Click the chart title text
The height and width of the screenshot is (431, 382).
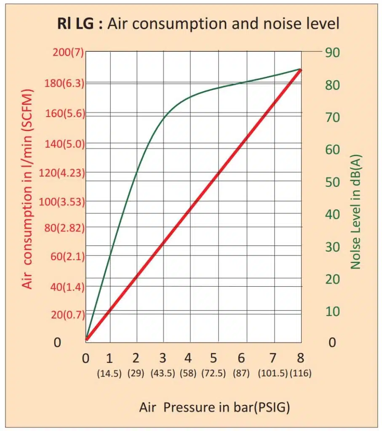click(x=198, y=24)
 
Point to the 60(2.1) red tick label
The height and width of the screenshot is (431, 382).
click(x=67, y=256)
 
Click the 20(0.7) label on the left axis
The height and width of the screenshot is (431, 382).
click(x=67, y=314)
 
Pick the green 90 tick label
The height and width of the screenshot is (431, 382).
click(x=332, y=52)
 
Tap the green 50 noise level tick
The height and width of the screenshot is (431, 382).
click(x=332, y=182)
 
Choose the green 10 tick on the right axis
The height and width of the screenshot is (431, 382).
click(x=332, y=311)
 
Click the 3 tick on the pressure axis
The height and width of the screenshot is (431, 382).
click(x=163, y=359)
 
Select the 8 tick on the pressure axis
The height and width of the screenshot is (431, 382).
click(x=300, y=359)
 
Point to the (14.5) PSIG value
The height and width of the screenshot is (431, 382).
click(x=110, y=373)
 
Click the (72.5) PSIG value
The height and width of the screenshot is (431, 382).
click(x=214, y=373)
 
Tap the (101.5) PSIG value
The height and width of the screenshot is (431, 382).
click(x=272, y=373)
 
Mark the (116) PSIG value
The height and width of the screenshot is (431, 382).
click(x=300, y=373)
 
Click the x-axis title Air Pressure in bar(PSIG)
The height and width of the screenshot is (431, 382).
click(x=214, y=407)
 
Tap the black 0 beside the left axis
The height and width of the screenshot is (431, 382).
click(x=57, y=343)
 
